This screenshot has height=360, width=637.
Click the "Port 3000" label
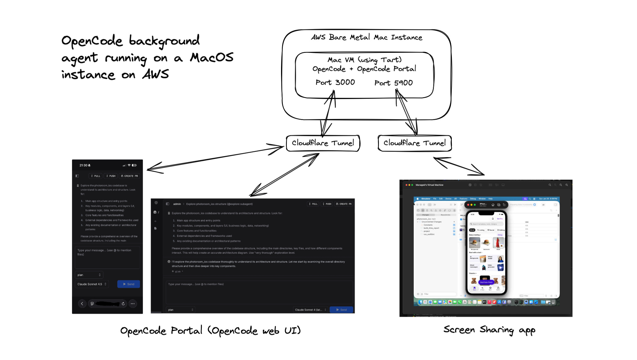pyautogui.click(x=335, y=82)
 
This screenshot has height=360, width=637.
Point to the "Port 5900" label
pyautogui.click(x=393, y=83)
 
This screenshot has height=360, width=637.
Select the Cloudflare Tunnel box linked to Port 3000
pyautogui.click(x=323, y=143)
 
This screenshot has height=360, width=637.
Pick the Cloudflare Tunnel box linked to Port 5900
pyautogui.click(x=415, y=143)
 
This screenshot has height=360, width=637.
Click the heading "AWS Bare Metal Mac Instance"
pyautogui.click(x=367, y=37)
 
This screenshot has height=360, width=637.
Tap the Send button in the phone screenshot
pyautogui.click(x=129, y=284)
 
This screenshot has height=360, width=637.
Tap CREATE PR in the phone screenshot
pyautogui.click(x=129, y=176)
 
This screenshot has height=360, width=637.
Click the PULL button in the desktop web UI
pyautogui.click(x=313, y=204)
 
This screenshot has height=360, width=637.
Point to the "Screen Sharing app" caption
pyautogui.click(x=489, y=330)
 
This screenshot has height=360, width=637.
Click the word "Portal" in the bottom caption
pyautogui.click(x=186, y=331)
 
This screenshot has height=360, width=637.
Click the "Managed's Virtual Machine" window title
pyautogui.click(x=429, y=185)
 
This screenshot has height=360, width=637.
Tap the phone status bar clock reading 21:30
pyautogui.click(x=83, y=165)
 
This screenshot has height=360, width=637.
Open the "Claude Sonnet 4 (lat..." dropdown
pyautogui.click(x=310, y=310)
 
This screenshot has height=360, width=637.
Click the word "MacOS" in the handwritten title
pyautogui.click(x=212, y=58)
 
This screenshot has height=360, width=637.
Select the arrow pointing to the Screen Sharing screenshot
pyautogui.click(x=459, y=166)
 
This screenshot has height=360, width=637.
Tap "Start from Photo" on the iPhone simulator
pyautogui.click(x=486, y=282)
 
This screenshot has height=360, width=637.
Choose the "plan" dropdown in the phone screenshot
pyautogui.click(x=89, y=275)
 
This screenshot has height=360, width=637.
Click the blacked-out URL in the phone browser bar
pyautogui.click(x=107, y=304)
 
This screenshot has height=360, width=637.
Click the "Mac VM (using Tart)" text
pyautogui.click(x=364, y=60)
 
